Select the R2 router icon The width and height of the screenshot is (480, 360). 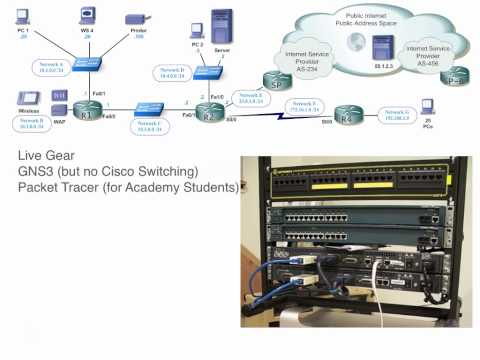210,116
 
